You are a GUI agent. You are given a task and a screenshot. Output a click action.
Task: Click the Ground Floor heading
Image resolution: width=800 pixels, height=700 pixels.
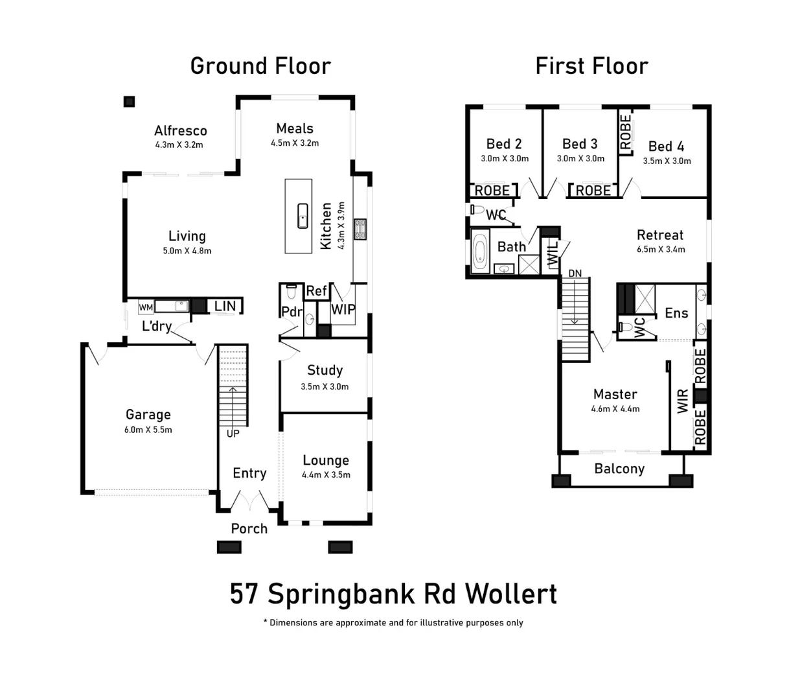(x=260, y=66)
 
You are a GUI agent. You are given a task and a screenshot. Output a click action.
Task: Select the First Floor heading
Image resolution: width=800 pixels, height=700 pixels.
(x=591, y=66)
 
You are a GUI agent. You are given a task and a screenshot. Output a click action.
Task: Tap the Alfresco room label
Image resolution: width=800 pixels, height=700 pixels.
(x=180, y=131)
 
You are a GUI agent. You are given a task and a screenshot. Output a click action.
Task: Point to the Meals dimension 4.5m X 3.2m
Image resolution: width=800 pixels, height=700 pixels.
(x=295, y=143)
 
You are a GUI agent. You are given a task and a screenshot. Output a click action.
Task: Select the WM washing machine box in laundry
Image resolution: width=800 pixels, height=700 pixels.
(x=146, y=307)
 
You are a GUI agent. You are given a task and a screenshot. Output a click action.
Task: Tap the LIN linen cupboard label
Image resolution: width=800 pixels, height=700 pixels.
(x=225, y=306)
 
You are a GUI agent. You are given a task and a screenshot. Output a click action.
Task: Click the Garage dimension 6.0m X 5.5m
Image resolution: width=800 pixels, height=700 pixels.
(x=148, y=430)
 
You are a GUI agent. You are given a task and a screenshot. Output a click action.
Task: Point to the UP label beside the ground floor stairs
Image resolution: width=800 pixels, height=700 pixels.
(x=233, y=433)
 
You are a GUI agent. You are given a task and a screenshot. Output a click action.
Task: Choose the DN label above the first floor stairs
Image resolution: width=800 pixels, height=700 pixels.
(x=575, y=274)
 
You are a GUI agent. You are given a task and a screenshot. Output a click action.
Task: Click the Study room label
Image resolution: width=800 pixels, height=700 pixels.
(x=325, y=370)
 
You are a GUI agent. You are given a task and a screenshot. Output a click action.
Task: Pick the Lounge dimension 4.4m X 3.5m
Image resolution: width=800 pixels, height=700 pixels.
(x=326, y=475)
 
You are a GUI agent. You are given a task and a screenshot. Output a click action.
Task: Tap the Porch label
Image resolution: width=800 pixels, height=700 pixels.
(x=249, y=529)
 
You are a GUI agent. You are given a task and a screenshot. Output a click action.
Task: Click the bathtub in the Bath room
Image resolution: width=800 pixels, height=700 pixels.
(x=480, y=251)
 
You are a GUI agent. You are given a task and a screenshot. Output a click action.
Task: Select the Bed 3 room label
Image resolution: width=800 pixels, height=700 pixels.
(x=580, y=144)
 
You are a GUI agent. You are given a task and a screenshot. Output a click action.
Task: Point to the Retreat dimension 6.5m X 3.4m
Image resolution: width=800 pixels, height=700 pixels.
(x=660, y=250)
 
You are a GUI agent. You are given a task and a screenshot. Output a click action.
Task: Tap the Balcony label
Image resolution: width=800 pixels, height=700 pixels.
(x=619, y=469)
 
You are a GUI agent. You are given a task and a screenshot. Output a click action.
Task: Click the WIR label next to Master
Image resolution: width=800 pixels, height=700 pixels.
(x=683, y=401)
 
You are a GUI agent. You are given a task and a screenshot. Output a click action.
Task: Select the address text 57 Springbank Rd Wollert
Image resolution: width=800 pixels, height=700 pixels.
(x=393, y=594)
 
